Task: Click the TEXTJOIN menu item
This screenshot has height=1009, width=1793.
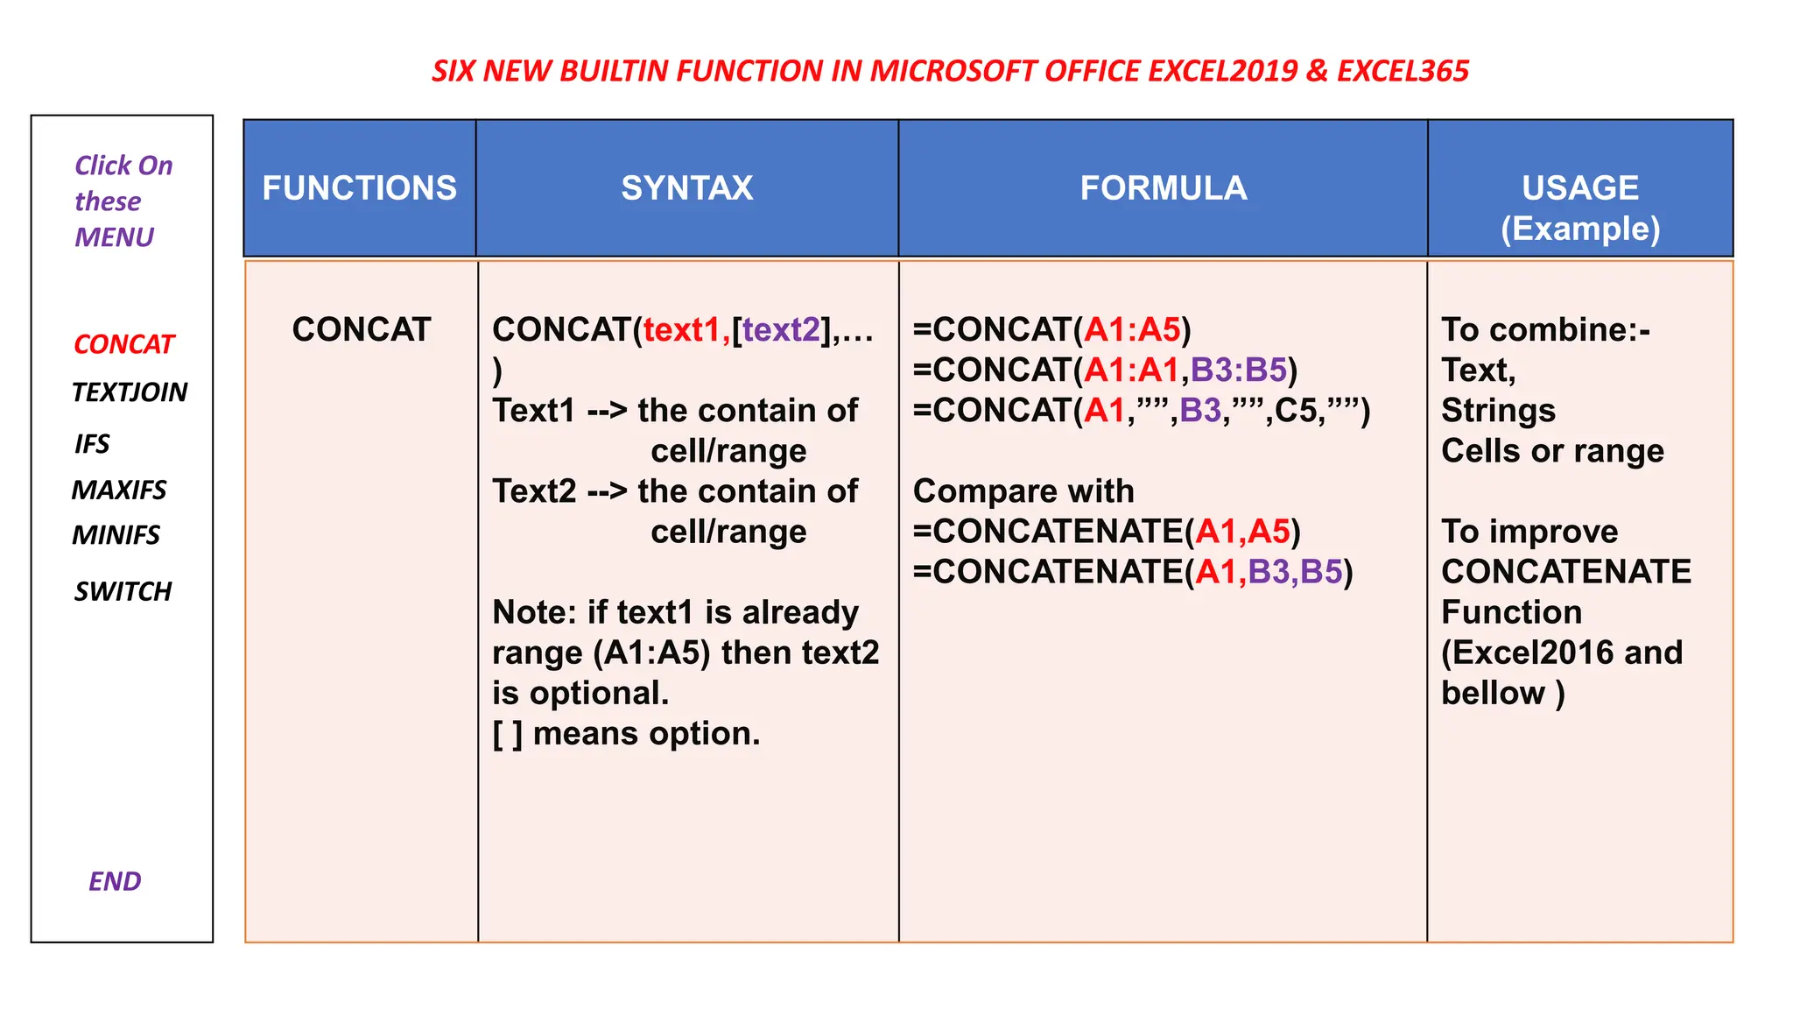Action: point(130,392)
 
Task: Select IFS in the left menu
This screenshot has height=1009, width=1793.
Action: point(92,444)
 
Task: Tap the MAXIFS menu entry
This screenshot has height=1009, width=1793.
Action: point(119,490)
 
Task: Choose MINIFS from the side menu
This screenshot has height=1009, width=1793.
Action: point(116,534)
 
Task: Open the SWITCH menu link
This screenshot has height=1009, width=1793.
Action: point(123,591)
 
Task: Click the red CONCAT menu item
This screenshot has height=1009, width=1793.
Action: point(123,344)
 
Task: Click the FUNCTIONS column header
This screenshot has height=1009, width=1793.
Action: point(359,188)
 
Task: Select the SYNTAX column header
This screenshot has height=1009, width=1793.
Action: point(687,188)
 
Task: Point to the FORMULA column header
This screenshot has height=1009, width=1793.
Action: point(1163,188)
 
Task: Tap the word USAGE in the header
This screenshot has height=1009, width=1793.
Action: point(1579,188)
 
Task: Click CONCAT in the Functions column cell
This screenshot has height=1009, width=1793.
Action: point(361,330)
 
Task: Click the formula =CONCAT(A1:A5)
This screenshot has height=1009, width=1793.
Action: point(1051,330)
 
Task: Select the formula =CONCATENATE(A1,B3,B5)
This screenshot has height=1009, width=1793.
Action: point(1133,572)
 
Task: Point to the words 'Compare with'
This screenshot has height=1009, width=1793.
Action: point(1023,491)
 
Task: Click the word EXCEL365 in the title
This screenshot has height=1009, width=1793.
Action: point(1403,71)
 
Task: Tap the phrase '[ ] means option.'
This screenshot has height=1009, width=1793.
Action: point(626,733)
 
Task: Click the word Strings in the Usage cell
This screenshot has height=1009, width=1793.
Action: point(1498,411)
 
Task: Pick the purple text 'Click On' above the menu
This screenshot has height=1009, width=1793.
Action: point(123,166)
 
